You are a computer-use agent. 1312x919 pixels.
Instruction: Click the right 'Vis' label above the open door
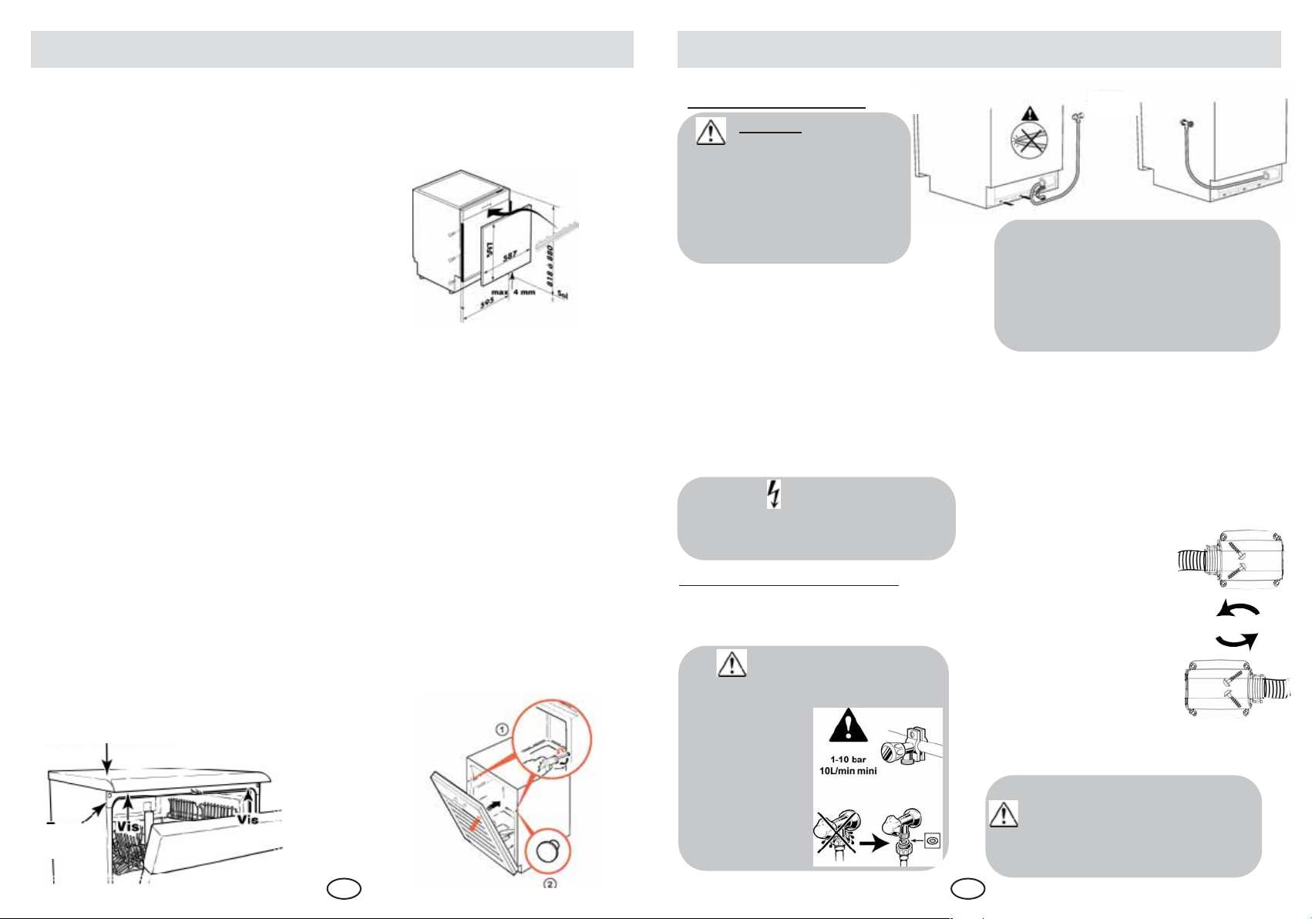248,819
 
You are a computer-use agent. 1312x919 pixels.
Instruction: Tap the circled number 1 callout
500,729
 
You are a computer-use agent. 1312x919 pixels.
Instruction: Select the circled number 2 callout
550,885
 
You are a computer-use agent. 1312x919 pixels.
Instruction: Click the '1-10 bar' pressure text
848,759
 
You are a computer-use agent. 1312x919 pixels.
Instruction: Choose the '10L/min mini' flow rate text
848,771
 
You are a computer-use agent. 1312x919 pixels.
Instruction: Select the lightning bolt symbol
775,493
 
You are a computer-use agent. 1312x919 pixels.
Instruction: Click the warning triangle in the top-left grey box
711,132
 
